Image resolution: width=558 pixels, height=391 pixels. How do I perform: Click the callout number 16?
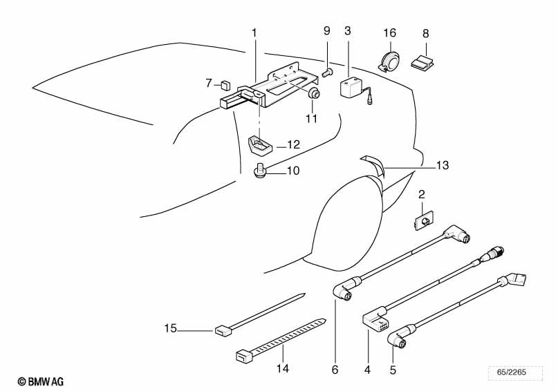(x=390, y=32)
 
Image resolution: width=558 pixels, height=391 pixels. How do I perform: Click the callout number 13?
(x=443, y=165)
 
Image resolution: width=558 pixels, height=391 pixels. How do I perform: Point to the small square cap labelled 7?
(x=225, y=86)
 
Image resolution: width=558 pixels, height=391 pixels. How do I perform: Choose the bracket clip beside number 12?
(x=259, y=145)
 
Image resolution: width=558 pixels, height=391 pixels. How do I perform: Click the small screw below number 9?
(x=328, y=70)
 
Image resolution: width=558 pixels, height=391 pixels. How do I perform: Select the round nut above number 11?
(x=314, y=95)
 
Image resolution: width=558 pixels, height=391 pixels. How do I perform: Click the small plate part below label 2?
(x=421, y=220)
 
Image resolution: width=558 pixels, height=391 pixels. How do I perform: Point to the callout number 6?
(x=335, y=370)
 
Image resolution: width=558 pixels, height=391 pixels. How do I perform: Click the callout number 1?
(x=254, y=32)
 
